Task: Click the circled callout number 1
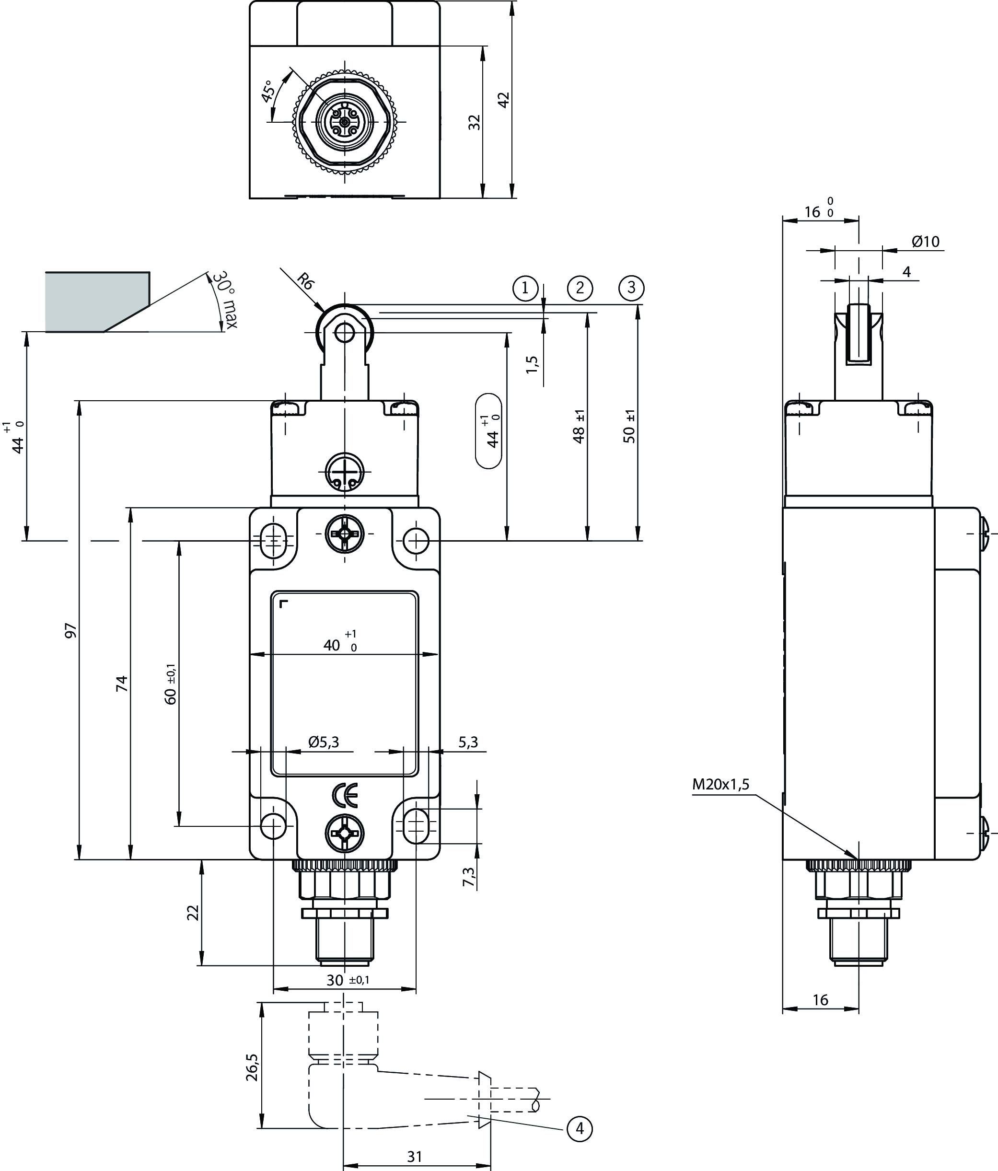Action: coord(525,288)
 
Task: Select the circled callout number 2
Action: coord(579,288)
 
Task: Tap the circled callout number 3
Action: coord(631,288)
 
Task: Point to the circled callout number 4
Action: coord(579,1129)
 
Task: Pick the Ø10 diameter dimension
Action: coord(925,242)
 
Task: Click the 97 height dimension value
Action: coord(70,631)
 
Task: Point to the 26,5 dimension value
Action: coord(252,1067)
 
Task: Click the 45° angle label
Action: coord(267,91)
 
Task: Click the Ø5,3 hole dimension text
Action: coord(324,742)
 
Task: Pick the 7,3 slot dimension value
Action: coord(468,877)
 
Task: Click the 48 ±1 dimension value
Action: coord(578,427)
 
